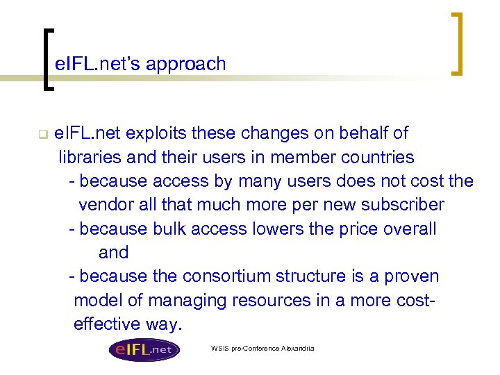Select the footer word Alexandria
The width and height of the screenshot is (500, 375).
pos(297,348)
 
